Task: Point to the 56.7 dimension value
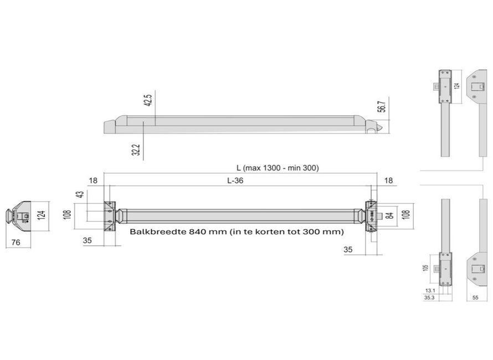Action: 382,106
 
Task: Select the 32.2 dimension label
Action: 136,150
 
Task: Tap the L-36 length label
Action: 235,181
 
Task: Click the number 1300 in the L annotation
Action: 271,168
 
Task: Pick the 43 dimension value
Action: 81,194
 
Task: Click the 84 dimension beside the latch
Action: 389,215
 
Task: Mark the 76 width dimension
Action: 16,243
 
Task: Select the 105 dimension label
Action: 425,268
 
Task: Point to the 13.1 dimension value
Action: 430,291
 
